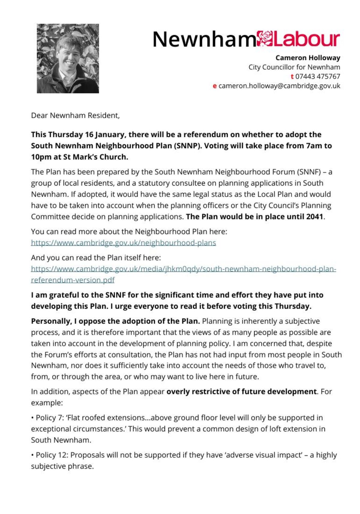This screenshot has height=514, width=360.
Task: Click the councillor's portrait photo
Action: coord(68,58)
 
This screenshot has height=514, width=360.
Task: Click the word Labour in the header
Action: coord(306,39)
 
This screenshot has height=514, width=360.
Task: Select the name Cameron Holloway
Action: coord(308,58)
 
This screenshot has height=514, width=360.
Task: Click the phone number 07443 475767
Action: coord(318,76)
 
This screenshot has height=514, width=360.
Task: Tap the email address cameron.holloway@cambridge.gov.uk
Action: coord(279,86)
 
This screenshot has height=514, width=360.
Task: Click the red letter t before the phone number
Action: coord(292,76)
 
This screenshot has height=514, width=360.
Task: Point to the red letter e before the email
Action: coord(215,86)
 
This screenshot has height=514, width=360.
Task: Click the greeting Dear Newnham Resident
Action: coord(75,115)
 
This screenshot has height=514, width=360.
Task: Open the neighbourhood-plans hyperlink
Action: coord(123,242)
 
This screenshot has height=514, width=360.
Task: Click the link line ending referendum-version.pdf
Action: coord(73,280)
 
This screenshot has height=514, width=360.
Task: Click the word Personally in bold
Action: coord(50,321)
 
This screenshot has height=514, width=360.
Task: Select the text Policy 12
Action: coord(46,455)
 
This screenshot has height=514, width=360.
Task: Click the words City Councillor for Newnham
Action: coord(294,67)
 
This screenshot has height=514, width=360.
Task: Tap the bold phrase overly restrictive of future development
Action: coord(241,391)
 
